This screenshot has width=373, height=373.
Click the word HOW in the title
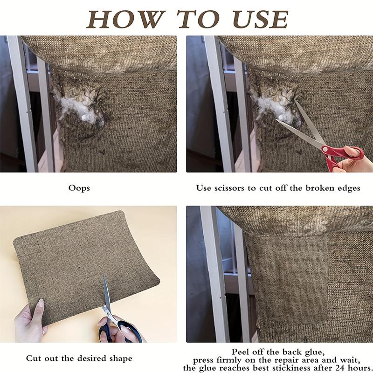(x=126, y=19)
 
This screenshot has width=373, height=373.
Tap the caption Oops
(x=79, y=188)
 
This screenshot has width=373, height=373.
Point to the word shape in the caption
(x=120, y=358)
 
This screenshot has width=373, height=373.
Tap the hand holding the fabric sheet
(x=30, y=320)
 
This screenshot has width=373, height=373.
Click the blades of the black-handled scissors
(x=107, y=295)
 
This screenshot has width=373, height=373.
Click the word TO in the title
(x=198, y=19)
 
